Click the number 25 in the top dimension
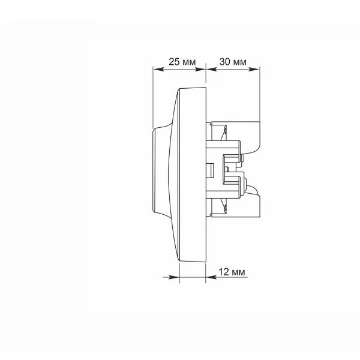[174, 62]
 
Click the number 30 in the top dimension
[224, 62]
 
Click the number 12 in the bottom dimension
[224, 272]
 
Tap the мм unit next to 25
[189, 62]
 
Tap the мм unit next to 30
[239, 62]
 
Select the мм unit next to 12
[239, 272]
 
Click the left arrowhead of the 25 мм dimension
[158, 69]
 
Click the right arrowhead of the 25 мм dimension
[200, 69]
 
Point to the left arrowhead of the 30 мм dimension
[211, 69]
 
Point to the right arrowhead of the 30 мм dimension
[254, 69]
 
